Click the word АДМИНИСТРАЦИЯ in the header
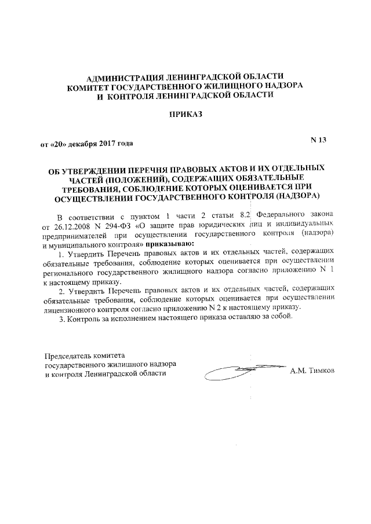pyautogui.click(x=123, y=77)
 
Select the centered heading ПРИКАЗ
pyautogui.click(x=185, y=115)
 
